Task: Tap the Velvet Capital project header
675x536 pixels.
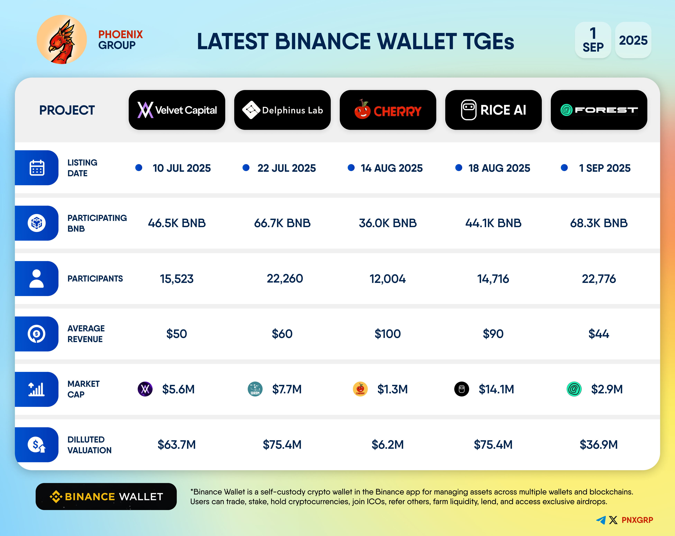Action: (177, 110)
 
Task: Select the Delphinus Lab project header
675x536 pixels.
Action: (282, 110)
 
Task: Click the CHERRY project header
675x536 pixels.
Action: (388, 110)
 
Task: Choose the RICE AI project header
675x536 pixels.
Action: (493, 110)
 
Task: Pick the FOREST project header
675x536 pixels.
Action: (599, 110)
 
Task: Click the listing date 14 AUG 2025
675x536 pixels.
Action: (392, 168)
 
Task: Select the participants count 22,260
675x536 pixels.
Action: (285, 279)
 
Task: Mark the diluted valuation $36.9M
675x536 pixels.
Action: (599, 445)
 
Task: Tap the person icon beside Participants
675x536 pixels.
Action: (37, 279)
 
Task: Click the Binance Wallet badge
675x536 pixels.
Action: (106, 497)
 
